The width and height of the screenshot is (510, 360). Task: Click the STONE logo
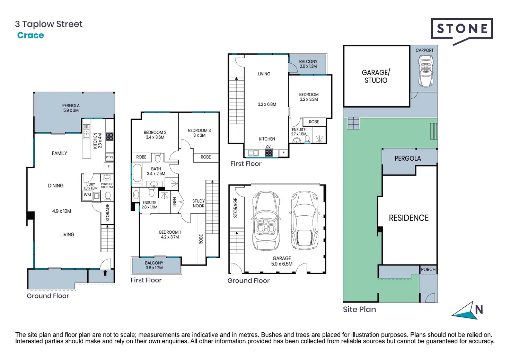coord(462,29)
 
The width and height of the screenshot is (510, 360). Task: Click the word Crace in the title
coord(30,35)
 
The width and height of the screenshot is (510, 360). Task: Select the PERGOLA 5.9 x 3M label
coord(71,108)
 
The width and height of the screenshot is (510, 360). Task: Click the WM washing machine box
coord(87,195)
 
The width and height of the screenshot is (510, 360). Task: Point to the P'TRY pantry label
coord(109,157)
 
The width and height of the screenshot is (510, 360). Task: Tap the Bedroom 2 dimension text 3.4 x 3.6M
coord(155,137)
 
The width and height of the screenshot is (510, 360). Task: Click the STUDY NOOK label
coord(199,204)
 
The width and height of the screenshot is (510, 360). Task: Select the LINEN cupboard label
coord(175,202)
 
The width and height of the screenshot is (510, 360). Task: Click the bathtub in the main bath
coord(137,173)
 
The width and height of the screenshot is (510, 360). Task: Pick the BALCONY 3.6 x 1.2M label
coord(154,265)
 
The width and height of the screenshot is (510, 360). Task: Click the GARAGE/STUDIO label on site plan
coord(376,76)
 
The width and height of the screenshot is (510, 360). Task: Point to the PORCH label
coord(428,270)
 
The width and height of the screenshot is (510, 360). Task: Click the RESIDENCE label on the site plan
coord(409,218)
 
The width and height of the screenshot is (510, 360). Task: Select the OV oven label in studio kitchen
coord(269,147)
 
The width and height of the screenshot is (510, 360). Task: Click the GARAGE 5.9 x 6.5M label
coord(282,261)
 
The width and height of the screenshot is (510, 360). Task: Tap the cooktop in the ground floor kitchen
coord(109,137)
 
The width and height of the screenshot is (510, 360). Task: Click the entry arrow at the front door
coord(105,273)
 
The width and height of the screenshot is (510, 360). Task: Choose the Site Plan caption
coord(360,309)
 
